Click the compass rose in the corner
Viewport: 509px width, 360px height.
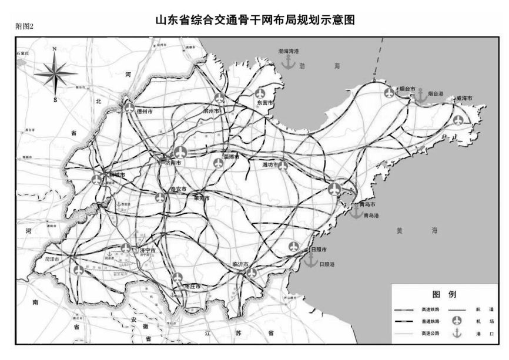coord(55,73)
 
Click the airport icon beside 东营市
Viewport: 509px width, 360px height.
coord(261,93)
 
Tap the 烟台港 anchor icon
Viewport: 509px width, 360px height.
coord(421,96)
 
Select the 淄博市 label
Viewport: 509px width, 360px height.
coord(231,157)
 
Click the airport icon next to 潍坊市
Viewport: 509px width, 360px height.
coord(283,166)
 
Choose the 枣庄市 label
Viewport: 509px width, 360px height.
coord(193,286)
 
